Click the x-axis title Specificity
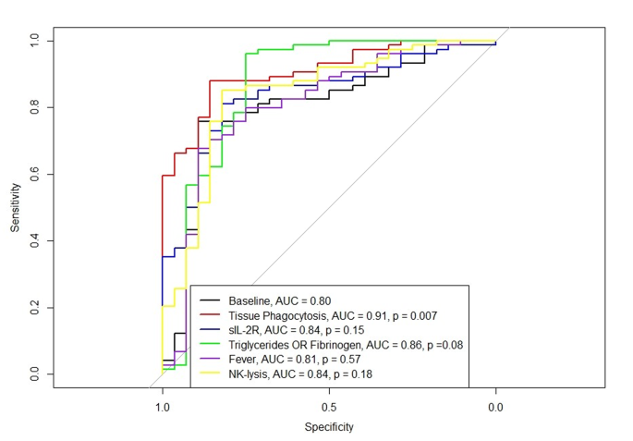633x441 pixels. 329,427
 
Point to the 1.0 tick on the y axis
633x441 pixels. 34,41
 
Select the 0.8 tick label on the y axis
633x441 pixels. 34,107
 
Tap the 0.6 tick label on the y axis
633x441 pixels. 34,174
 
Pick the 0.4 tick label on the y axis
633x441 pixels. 34,240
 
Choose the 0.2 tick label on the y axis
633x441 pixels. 34,307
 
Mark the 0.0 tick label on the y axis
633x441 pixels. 34,374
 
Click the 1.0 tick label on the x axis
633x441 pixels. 163,406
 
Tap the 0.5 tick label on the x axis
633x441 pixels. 329,406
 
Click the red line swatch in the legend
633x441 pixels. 211,316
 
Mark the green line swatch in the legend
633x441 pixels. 211,346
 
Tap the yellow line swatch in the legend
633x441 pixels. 211,374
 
